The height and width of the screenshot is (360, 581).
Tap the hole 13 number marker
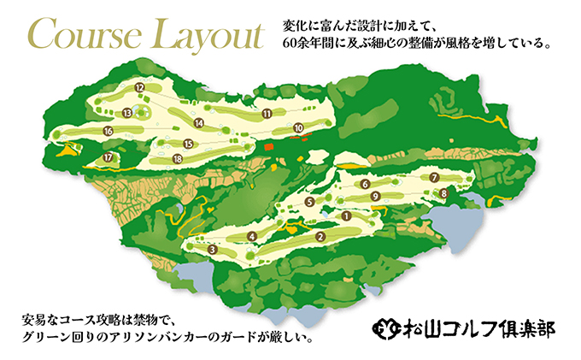tap(126, 112)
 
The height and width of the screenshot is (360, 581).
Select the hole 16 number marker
tap(108, 131)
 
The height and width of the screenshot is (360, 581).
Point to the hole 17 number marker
tap(108, 158)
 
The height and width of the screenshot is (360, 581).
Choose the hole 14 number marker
tap(198, 123)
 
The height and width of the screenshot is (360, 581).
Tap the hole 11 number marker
tap(267, 113)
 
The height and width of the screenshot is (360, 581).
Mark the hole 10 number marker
tap(298, 128)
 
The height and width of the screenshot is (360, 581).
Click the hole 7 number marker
tap(435, 177)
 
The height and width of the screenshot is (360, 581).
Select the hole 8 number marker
tap(443, 194)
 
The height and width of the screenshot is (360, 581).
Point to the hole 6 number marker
tap(365, 184)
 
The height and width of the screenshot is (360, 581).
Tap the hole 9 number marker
tap(375, 196)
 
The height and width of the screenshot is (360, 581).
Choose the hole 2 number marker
tap(320, 237)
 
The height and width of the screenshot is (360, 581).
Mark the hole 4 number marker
tap(251, 236)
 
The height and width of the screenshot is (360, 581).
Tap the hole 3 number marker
tap(211, 250)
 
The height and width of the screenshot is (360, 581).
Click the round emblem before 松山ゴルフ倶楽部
tap(386, 327)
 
